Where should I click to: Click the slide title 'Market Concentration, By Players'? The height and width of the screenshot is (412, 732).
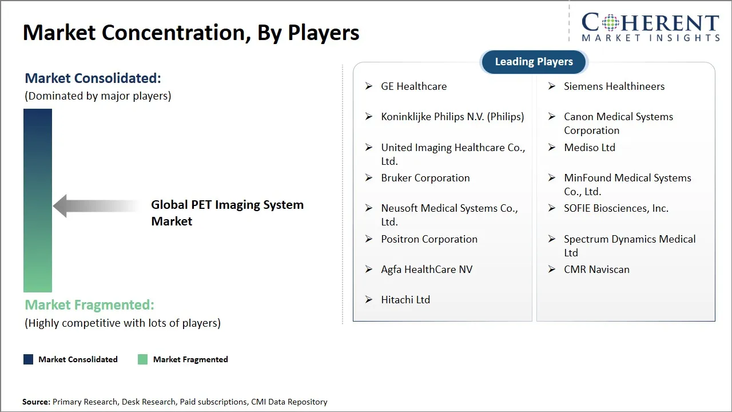click(x=191, y=33)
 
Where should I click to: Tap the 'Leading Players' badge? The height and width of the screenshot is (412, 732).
click(x=534, y=62)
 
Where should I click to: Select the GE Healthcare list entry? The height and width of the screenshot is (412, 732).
click(x=413, y=86)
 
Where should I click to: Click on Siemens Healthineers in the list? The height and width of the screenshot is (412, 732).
click(x=614, y=86)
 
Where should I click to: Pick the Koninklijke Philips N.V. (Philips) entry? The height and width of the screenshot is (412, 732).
click(x=452, y=117)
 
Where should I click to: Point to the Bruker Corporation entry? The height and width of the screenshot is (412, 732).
click(x=425, y=178)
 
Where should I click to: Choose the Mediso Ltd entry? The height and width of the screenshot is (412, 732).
click(x=589, y=148)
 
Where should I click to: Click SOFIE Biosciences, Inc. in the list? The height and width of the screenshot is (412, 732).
click(x=615, y=208)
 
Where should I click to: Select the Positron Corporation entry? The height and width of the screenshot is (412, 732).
click(x=429, y=239)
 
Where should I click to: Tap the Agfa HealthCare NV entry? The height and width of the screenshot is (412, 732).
click(x=427, y=270)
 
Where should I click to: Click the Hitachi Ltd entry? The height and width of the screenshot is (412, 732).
click(x=405, y=300)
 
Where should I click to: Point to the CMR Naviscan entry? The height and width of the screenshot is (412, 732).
click(x=596, y=270)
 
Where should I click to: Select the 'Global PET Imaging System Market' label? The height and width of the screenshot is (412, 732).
click(x=227, y=213)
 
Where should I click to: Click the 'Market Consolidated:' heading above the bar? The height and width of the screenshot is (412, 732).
click(x=93, y=78)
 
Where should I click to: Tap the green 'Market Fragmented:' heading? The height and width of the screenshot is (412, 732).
click(x=89, y=305)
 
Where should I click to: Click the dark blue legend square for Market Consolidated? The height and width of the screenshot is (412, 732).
click(x=28, y=359)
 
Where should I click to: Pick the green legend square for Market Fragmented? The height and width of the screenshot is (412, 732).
click(x=143, y=359)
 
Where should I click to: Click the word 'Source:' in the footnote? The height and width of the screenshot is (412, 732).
click(x=36, y=402)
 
